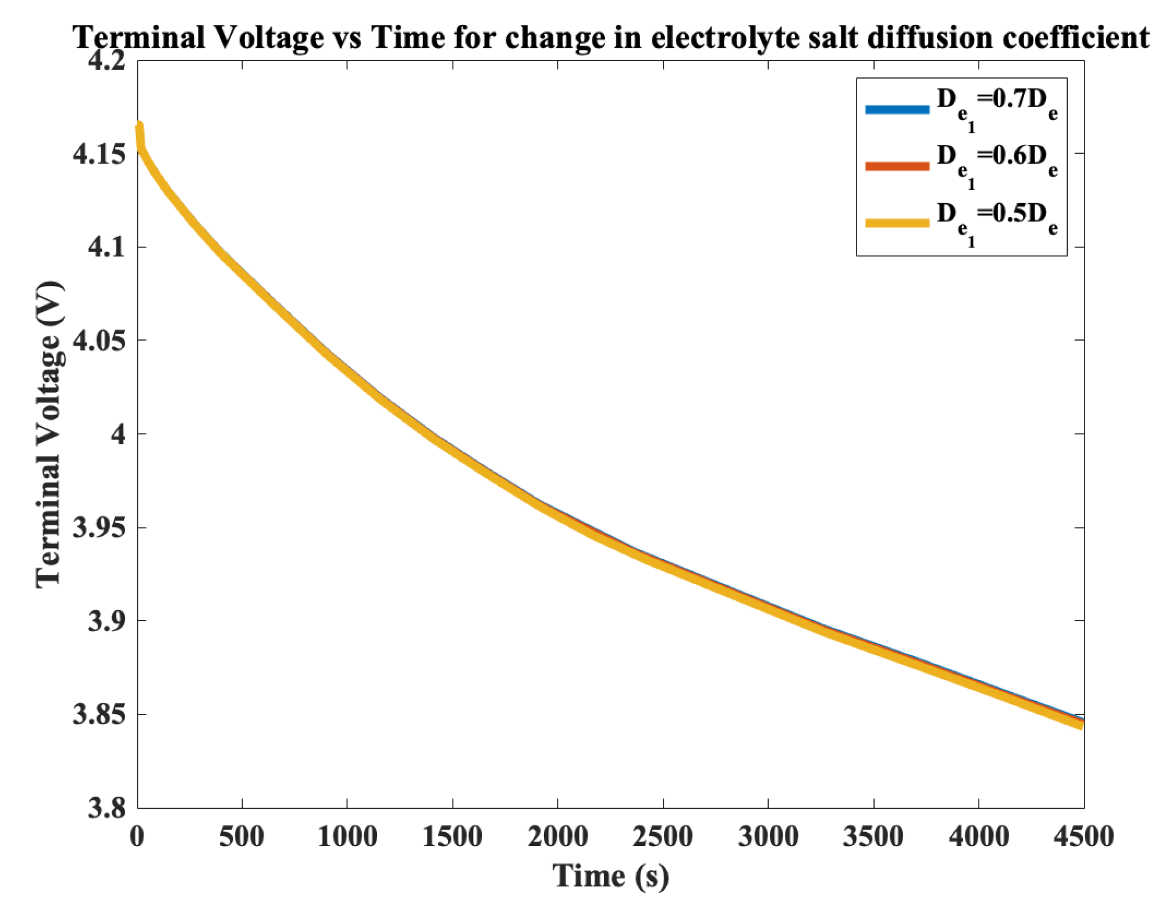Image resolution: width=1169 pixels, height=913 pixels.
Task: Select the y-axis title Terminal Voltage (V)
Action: point(49,434)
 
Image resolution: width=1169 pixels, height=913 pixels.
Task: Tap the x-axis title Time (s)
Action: point(610,876)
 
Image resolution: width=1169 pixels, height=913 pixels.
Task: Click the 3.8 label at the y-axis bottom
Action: point(107,808)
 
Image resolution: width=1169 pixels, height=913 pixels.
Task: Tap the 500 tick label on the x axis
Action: point(241,837)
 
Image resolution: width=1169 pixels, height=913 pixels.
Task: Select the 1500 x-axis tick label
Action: point(452,837)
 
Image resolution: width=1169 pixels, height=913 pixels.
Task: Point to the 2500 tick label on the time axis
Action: point(663,837)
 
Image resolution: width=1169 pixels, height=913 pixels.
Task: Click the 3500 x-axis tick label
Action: point(873,837)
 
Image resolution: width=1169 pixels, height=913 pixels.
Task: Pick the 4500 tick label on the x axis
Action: point(1083,837)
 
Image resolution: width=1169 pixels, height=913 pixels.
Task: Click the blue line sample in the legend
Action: point(897,109)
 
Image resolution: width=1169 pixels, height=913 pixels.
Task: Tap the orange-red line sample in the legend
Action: point(897,166)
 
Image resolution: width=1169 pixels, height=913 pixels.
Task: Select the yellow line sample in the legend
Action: point(897,222)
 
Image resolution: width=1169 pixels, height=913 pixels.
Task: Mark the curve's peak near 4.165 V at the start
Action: point(140,124)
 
